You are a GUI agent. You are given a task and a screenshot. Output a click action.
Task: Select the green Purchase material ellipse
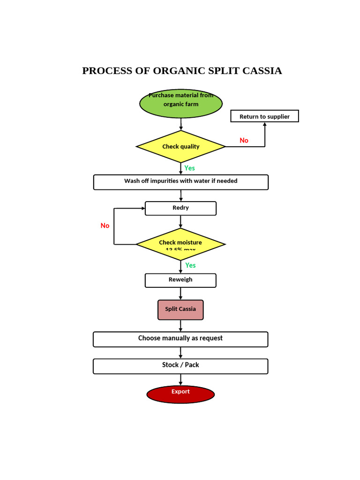pyautogui.click(x=181, y=104)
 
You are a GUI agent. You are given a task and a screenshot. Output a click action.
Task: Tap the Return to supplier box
pyautogui.click(x=264, y=116)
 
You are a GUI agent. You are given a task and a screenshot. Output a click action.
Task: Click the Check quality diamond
pyautogui.click(x=181, y=147)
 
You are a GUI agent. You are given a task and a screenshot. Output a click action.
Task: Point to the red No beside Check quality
pyautogui.click(x=244, y=141)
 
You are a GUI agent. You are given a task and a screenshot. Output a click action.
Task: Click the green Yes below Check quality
pyautogui.click(x=189, y=168)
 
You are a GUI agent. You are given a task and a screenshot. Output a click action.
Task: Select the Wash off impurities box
pyautogui.click(x=181, y=182)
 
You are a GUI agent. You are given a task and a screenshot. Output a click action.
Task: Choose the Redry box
pyautogui.click(x=180, y=208)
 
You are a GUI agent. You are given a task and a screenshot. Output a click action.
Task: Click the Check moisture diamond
pyautogui.click(x=180, y=244)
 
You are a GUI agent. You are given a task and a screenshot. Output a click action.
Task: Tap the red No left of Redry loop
pyautogui.click(x=105, y=225)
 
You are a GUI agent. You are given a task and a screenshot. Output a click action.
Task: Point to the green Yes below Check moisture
pyautogui.click(x=190, y=265)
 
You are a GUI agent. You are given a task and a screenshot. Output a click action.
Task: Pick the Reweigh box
pyautogui.click(x=180, y=280)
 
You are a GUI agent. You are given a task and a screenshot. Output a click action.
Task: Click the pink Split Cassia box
pyautogui.click(x=180, y=310)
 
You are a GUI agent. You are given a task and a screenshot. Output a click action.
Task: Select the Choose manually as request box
pyautogui.click(x=180, y=339)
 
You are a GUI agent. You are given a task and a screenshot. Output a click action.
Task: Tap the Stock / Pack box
pyautogui.click(x=180, y=366)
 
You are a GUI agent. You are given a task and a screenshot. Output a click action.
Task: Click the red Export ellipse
pyautogui.click(x=180, y=394)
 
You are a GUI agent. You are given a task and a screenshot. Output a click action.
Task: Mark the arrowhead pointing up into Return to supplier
pyautogui.click(x=265, y=125)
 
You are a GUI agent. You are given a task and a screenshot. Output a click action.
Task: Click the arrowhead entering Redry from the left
pyautogui.click(x=142, y=208)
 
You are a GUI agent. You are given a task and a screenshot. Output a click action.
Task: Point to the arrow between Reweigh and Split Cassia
pyautogui.click(x=180, y=294)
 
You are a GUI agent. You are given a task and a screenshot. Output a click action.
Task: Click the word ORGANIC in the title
pyautogui.click(x=178, y=71)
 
